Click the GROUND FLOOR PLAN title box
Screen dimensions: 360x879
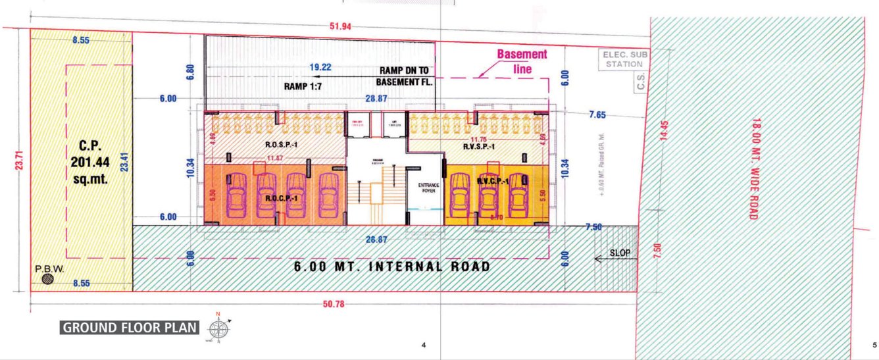click(x=129, y=327)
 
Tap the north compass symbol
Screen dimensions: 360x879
click(x=219, y=328)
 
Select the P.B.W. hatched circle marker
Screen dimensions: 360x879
click(x=47, y=279)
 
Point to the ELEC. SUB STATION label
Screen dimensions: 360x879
click(x=623, y=60)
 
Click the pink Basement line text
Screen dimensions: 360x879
click(x=522, y=61)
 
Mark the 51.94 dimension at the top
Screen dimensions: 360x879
click(x=341, y=27)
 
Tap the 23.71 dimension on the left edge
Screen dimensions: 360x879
click(x=20, y=158)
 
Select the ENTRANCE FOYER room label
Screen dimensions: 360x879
click(x=423, y=189)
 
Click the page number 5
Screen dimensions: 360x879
click(x=874, y=346)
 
